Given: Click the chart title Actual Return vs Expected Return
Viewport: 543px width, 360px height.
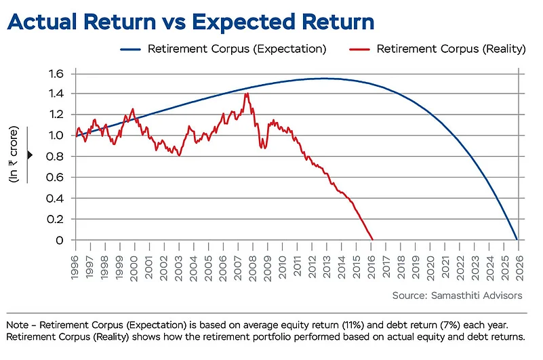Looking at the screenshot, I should pos(190,22).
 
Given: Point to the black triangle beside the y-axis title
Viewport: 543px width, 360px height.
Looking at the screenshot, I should pos(30,155).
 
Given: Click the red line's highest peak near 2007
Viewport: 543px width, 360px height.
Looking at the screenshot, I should pos(247,94).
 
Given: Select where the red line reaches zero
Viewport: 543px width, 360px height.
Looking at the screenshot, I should pos(372,239).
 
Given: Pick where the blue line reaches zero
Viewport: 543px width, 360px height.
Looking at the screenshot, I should pos(517,239).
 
